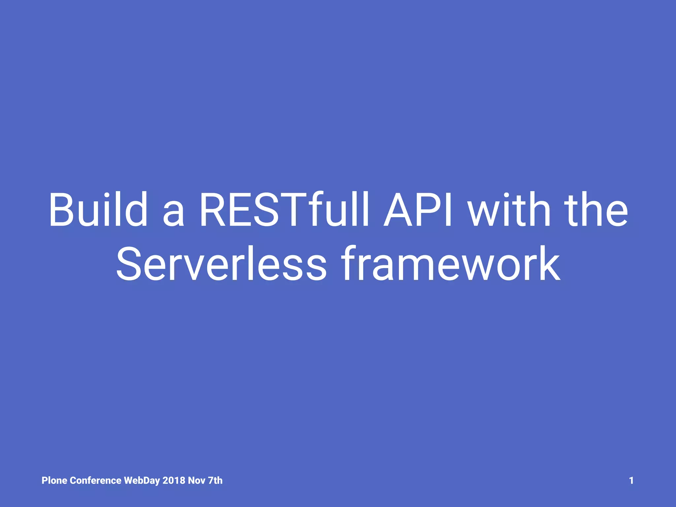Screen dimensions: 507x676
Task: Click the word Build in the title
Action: pos(98,210)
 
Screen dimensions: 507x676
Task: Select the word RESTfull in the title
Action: pos(284,210)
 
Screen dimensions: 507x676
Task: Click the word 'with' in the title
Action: pos(510,210)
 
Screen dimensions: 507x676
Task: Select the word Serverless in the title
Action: pos(221,264)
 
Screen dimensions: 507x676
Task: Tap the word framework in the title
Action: pos(451,264)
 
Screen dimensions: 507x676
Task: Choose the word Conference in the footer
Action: pos(96,481)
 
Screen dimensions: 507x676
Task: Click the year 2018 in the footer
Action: pos(174,481)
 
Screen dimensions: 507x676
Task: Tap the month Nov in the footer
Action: pos(197,481)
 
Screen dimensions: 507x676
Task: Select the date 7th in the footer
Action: pos(215,481)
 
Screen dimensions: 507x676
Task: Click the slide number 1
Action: pos(631,481)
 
